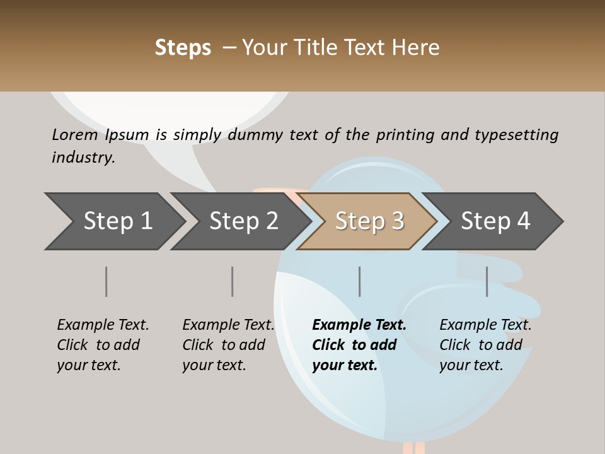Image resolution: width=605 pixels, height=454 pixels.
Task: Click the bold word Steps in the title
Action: (x=183, y=48)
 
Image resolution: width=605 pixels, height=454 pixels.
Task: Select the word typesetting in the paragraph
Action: (x=516, y=134)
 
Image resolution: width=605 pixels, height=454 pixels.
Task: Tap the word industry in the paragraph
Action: (x=83, y=157)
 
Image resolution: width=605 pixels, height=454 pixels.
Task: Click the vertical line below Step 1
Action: (x=106, y=281)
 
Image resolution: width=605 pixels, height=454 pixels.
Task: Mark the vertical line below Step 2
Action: (x=232, y=281)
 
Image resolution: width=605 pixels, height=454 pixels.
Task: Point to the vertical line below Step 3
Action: (x=359, y=281)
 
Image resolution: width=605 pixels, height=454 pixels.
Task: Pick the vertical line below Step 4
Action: (x=487, y=281)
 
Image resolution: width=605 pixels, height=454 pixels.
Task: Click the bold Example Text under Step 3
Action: (x=359, y=325)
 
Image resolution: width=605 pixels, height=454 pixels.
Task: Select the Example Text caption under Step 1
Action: (x=103, y=325)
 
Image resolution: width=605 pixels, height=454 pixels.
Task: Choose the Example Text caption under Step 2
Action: (x=228, y=325)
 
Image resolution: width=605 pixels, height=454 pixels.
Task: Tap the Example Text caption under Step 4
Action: (x=485, y=325)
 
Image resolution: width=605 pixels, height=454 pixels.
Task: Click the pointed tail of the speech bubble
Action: (x=205, y=180)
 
